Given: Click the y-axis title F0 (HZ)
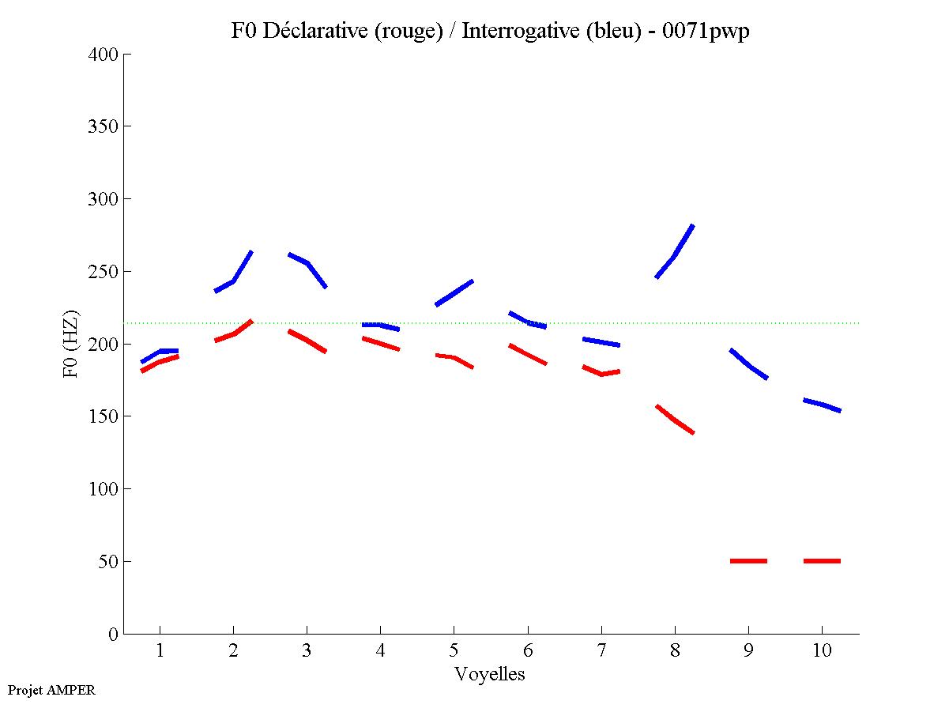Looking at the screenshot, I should (x=70, y=344).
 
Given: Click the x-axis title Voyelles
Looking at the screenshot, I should (x=490, y=674).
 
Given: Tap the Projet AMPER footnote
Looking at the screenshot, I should (x=51, y=690).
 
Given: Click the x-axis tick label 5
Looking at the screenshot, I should (x=454, y=650).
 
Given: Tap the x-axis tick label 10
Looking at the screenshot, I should (x=821, y=650).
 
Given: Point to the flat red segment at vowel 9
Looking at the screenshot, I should (x=748, y=561).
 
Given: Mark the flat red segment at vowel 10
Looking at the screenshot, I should (x=822, y=561).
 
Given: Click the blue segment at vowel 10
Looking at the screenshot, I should (x=822, y=405).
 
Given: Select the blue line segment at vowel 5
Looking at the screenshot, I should (x=454, y=292).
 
